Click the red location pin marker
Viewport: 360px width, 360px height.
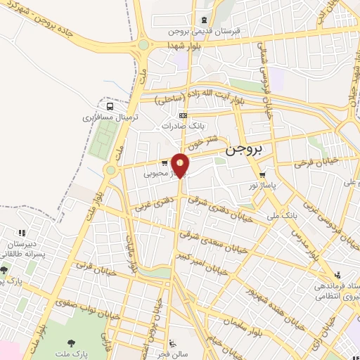pyautogui.click(x=181, y=165)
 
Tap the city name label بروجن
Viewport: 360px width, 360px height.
pyautogui.click(x=243, y=150)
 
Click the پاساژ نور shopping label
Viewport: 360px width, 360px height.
pyautogui.click(x=244, y=186)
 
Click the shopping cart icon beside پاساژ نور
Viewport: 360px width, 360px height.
pyautogui.click(x=262, y=175)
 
